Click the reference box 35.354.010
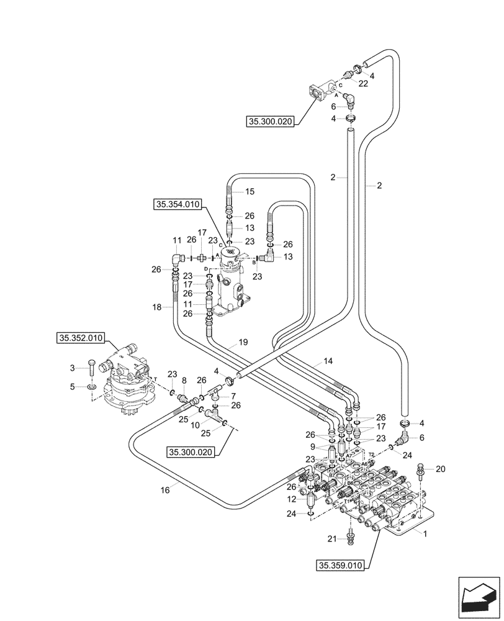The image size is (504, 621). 177,203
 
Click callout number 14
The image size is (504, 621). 328,361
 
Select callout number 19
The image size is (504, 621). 243,342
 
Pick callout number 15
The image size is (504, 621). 250,192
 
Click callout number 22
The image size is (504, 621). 364,83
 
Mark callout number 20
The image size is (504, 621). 441,469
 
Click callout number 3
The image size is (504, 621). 72,369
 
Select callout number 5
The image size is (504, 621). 72,387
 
